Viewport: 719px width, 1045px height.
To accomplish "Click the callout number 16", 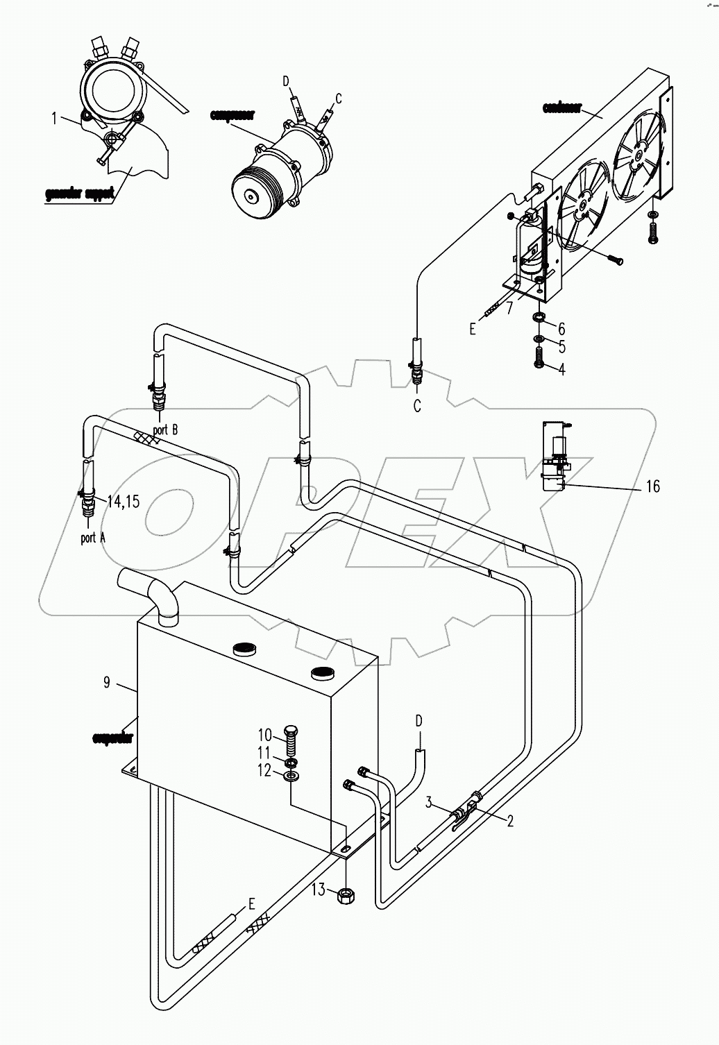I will click(x=652, y=486).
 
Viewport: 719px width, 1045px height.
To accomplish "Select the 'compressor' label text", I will click(x=232, y=115).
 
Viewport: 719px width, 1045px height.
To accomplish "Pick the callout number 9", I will click(x=107, y=683).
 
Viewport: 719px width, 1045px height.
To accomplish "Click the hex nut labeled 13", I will click(x=345, y=896).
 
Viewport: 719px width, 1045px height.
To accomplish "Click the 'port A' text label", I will click(x=88, y=538).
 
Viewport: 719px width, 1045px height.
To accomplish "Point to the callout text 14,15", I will click(x=123, y=501).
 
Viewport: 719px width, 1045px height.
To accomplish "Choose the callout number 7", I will click(x=509, y=308).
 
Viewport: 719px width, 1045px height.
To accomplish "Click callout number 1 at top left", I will click(x=53, y=119).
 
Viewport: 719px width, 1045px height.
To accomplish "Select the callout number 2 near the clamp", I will click(x=510, y=822).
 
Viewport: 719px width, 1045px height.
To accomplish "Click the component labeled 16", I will click(x=555, y=459).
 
